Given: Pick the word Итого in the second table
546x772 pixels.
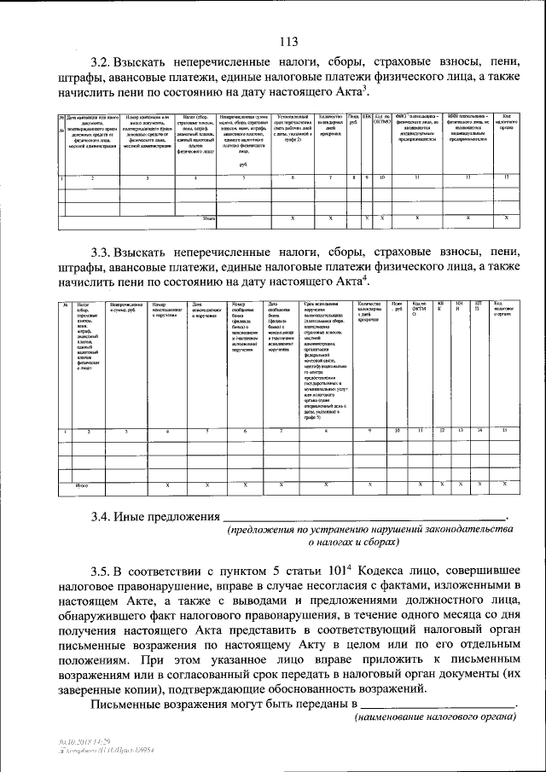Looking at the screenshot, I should [x=83, y=485].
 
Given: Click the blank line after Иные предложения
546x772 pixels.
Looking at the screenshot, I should [x=364, y=517].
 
